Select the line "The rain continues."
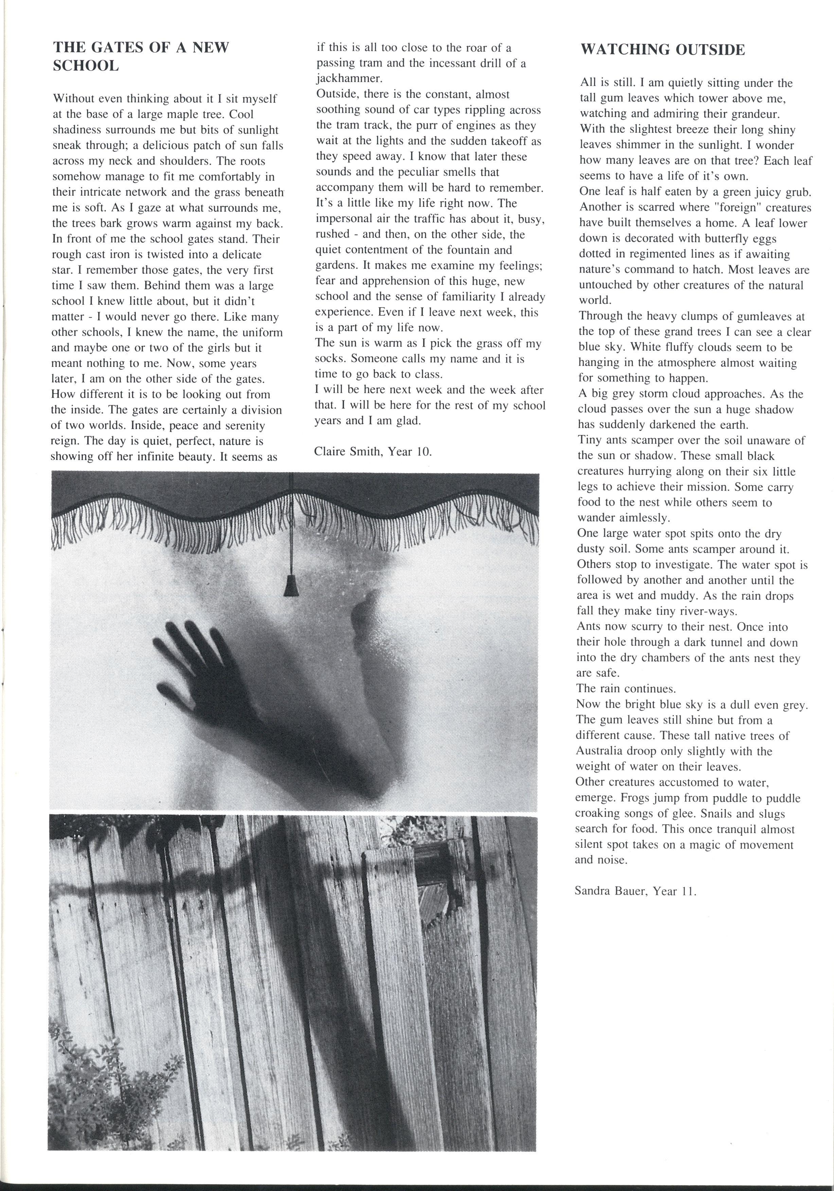pos(626,689)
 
